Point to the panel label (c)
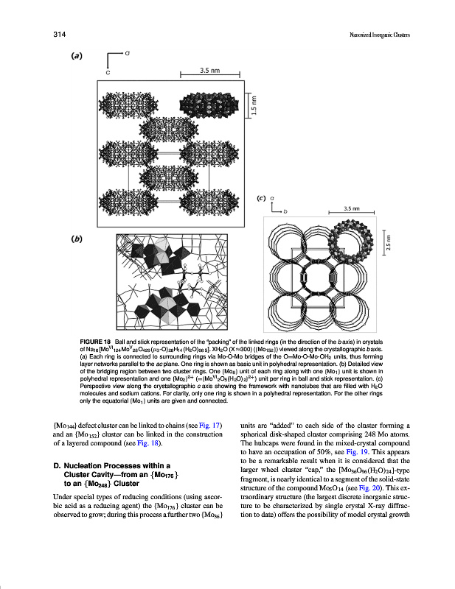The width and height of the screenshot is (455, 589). click(x=260, y=198)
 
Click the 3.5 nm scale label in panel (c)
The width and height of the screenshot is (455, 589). click(x=352, y=208)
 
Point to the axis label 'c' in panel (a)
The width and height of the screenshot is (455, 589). click(x=108, y=71)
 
